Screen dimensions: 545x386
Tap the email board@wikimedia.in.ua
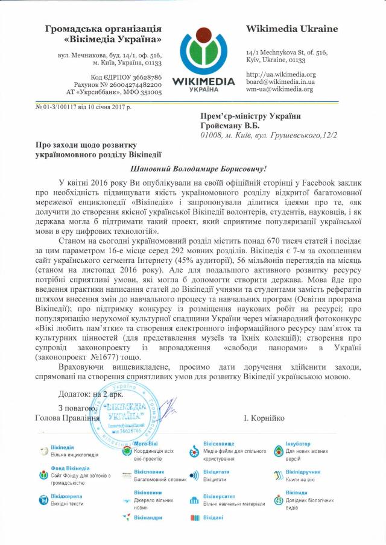[280, 81]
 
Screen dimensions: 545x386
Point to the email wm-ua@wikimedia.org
[279, 89]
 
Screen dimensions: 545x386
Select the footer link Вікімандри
[148, 518]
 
